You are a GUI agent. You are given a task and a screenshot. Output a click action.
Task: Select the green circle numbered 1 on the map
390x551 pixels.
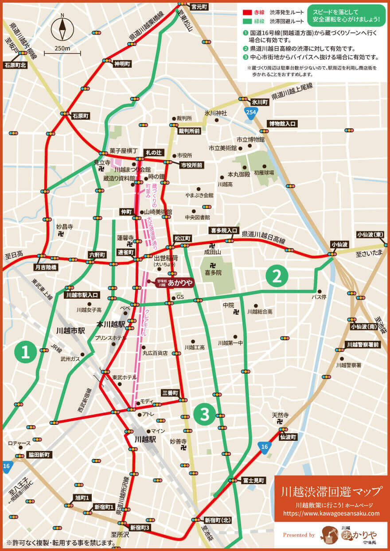pos(25,352)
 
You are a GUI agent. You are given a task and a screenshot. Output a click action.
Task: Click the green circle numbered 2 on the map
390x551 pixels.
pos(277,276)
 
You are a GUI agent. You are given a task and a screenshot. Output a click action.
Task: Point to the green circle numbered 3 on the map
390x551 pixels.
pos(204,414)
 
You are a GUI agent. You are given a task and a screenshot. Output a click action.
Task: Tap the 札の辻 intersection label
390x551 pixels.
pos(155,152)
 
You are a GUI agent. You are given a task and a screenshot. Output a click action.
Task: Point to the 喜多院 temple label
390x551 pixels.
pos(213,273)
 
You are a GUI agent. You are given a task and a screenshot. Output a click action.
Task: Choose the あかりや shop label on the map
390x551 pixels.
pos(180,281)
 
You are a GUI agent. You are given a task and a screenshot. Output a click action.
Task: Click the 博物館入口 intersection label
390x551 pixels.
pos(281,123)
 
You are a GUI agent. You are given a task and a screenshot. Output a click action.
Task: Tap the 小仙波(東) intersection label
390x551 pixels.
pos(373,235)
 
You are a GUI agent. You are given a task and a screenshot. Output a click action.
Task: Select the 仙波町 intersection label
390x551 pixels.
pos(289,437)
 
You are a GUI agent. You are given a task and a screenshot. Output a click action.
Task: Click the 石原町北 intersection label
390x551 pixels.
pos(16,65)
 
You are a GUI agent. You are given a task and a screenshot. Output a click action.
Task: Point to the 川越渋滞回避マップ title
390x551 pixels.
pos(331,491)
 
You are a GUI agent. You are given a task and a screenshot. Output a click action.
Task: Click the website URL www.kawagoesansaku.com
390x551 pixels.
pos(331,513)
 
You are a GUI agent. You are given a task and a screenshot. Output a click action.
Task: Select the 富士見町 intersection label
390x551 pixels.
pos(253,480)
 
